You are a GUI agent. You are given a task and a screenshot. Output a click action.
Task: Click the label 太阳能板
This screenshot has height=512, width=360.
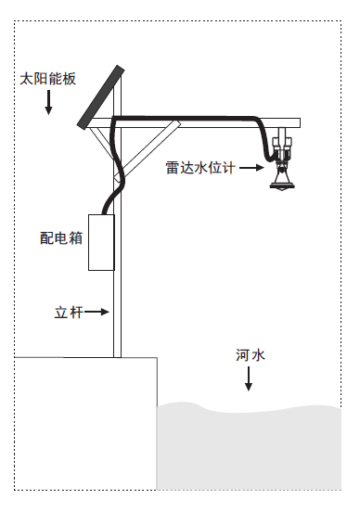tap(48, 80)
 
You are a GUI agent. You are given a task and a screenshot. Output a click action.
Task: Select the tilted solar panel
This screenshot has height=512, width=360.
tap(101, 96)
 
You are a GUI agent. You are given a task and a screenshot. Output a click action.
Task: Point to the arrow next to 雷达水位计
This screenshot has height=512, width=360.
tap(250, 168)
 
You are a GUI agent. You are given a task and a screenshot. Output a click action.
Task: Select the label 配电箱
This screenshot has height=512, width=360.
tap(62, 237)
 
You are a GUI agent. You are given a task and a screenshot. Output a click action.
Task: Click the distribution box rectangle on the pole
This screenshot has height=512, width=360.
tap(101, 242)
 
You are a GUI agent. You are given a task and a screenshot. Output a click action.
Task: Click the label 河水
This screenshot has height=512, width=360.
tap(249, 355)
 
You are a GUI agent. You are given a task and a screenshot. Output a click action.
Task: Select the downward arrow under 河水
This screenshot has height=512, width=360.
tap(249, 379)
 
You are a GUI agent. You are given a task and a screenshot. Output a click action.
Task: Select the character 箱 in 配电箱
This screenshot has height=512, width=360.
tap(76, 237)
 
